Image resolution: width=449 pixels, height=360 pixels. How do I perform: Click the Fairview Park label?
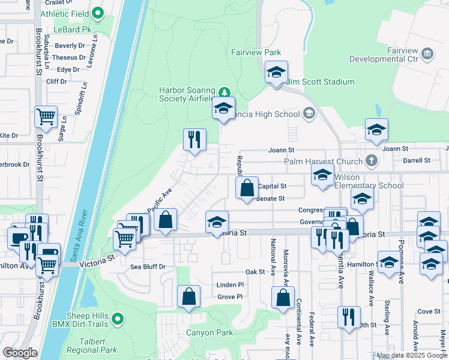click(256, 53)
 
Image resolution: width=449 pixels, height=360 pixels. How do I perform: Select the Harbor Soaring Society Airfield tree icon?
click(224, 92)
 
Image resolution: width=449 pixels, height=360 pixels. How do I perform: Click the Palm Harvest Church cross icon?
click(372, 161)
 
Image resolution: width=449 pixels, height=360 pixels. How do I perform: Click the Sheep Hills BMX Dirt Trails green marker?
click(118, 319)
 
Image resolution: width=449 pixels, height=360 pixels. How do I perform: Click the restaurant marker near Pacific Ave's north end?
click(194, 140)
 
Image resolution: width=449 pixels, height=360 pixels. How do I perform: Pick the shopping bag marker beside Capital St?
click(246, 188)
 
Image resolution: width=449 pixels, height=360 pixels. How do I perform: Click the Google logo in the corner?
click(20, 353)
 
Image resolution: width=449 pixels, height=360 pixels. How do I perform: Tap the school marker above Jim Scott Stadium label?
click(276, 73)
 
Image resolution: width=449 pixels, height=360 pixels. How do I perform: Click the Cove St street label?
click(429, 311)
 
